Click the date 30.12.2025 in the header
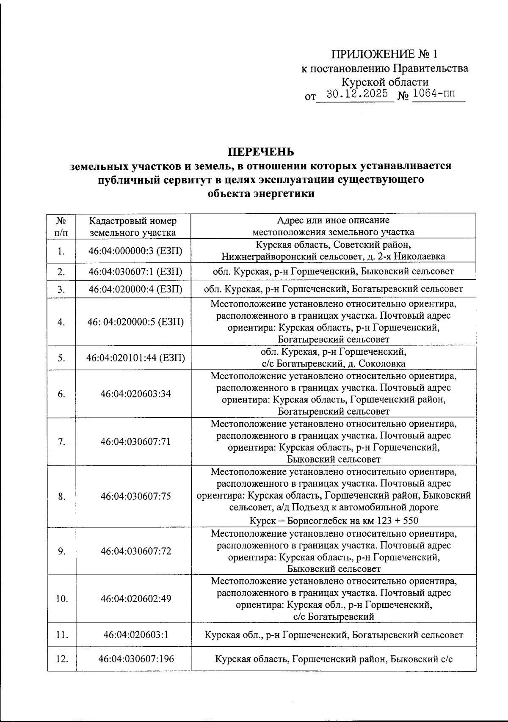[x=357, y=94]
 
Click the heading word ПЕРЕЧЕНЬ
[x=261, y=152]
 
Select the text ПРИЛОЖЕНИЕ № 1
[x=384, y=55]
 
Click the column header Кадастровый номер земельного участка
[x=133, y=226]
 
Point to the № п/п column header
[x=61, y=226]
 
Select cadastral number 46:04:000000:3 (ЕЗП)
[x=135, y=251]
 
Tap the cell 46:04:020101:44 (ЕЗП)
[x=135, y=358]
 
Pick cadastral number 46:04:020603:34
[x=135, y=394]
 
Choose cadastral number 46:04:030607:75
[x=135, y=496]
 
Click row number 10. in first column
[x=62, y=598]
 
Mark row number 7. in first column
[x=62, y=442]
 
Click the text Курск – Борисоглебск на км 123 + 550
[x=333, y=521]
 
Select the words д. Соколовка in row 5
[x=375, y=364]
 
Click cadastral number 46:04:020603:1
[x=135, y=634]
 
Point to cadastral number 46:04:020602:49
[x=135, y=598]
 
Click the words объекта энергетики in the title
[x=261, y=194]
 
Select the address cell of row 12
[x=334, y=659]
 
